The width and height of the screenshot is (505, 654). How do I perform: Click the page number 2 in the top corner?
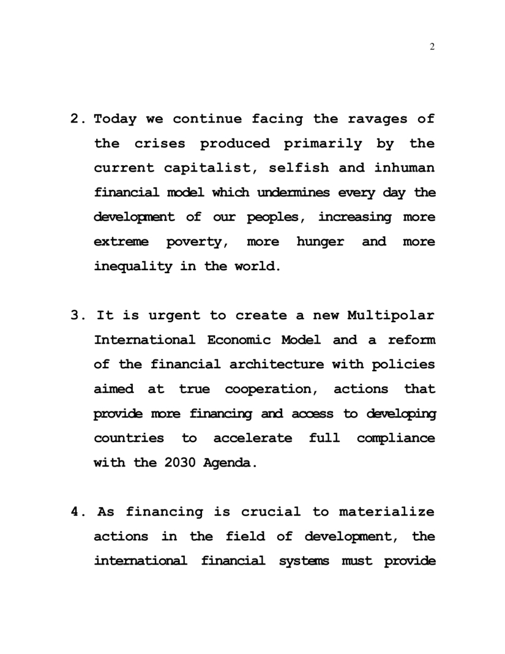tap(432, 48)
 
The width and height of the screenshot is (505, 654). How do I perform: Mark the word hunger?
tap(320, 242)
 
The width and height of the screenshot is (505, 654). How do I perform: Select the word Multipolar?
tap(391, 316)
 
